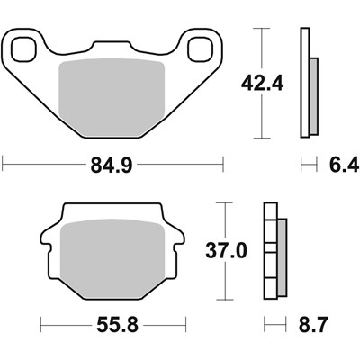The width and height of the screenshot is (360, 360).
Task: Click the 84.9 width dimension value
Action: (x=112, y=165)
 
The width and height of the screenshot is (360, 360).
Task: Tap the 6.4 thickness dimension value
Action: (x=344, y=165)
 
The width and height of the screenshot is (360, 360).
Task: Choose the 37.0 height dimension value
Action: (x=226, y=250)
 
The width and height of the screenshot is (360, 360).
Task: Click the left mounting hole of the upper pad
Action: (x=24, y=49)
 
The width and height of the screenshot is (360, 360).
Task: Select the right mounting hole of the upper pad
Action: (x=200, y=49)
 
